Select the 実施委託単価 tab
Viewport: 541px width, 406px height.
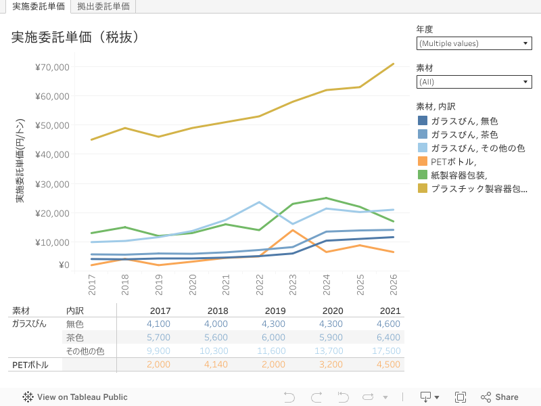coord(39,6)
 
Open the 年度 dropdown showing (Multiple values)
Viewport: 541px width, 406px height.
coord(473,43)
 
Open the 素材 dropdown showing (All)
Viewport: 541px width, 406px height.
coord(473,82)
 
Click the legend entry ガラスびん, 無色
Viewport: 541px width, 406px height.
coord(464,121)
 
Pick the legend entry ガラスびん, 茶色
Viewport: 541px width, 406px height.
coord(464,135)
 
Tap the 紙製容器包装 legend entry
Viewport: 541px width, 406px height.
coord(459,175)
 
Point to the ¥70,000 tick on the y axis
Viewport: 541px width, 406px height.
coord(52,67)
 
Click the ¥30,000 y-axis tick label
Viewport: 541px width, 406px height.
coord(52,184)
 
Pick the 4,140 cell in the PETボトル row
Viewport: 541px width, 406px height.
coord(215,365)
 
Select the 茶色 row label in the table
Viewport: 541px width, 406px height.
coord(74,338)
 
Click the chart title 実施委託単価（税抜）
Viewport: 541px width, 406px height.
coord(75,37)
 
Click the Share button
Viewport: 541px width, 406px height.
coord(499,397)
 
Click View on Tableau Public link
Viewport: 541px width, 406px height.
coord(75,397)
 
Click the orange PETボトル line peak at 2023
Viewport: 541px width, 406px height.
coord(293,230)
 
